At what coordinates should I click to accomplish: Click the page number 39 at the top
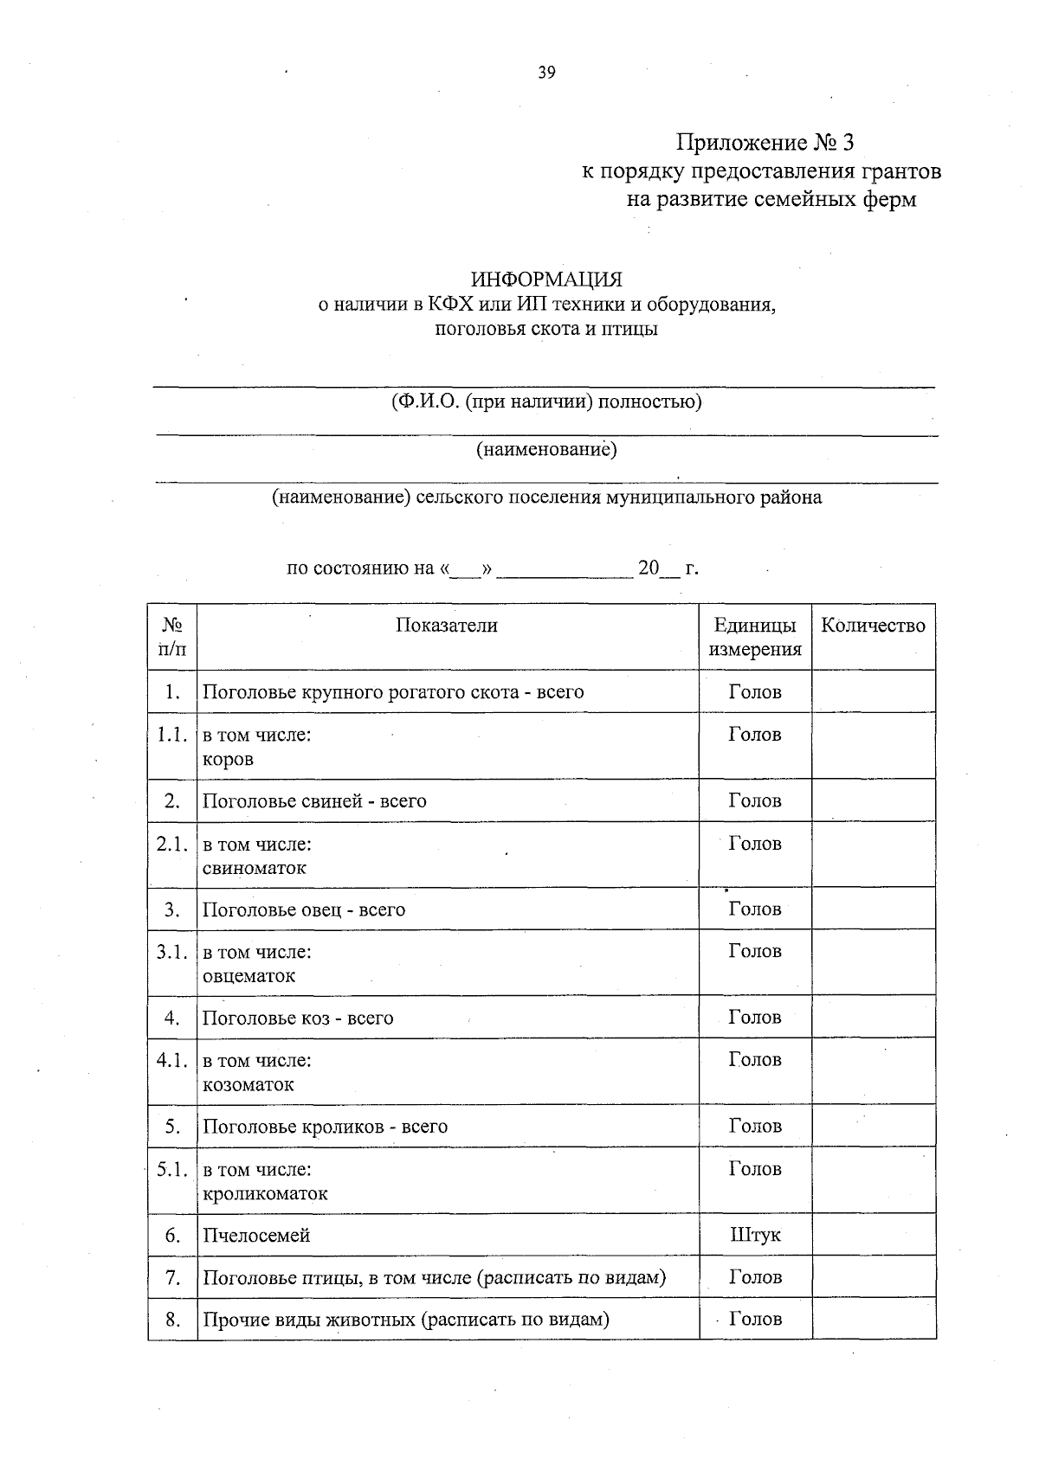point(546,73)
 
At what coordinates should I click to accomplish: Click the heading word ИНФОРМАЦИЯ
point(546,280)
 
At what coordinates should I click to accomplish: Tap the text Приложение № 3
point(765,143)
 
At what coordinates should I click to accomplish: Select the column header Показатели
point(447,626)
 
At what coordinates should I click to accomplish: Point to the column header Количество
point(873,626)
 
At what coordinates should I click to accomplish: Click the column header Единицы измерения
point(755,638)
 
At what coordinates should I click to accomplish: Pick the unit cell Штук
point(755,1235)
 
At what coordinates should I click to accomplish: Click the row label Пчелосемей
point(256,1236)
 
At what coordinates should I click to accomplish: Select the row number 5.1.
point(172,1169)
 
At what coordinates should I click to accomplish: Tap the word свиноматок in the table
point(255,868)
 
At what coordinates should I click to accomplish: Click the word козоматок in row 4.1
point(248,1085)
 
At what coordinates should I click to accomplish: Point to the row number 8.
point(172,1320)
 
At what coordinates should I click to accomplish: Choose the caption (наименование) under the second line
point(546,449)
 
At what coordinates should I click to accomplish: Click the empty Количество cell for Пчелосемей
point(874,1235)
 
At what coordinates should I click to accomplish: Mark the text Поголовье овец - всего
point(304,909)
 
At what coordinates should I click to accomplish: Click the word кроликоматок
point(265,1194)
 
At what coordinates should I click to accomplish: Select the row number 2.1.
point(172,844)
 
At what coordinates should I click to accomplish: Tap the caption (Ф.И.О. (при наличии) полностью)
point(546,402)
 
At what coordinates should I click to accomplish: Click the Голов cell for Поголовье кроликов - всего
point(755,1126)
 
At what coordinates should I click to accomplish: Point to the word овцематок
point(249,976)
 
